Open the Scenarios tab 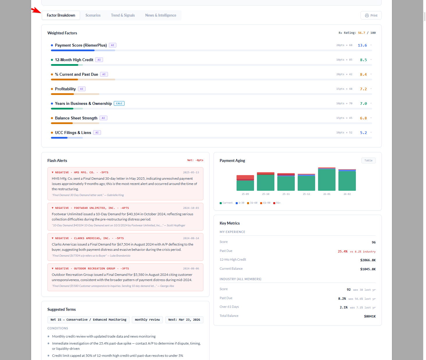[93, 15]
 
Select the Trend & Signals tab [123, 15]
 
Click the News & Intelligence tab [161, 15]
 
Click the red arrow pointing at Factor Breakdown [36, 10]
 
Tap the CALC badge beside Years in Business [119, 103]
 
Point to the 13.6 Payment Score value [362, 45]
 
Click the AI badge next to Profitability [82, 89]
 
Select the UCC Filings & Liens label [73, 133]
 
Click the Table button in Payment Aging [368, 160]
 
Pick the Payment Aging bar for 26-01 [327, 179]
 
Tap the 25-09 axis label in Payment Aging [245, 194]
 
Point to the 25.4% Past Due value [342, 251]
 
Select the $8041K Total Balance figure [370, 316]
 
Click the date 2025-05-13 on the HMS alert [191, 172]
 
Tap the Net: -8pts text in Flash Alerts [195, 160]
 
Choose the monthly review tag [147, 320]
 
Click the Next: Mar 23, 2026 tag [184, 320]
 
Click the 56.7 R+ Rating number [361, 33]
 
